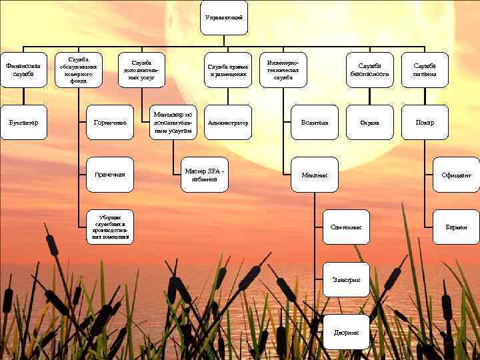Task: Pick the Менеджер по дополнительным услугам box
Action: coord(172,123)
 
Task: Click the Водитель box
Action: coord(315,123)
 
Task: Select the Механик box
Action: coord(315,175)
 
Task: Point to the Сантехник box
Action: coord(346,227)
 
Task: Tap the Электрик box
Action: coord(346,279)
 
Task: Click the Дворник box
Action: coord(346,332)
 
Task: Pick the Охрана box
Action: coord(369,123)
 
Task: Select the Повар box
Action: coord(425,123)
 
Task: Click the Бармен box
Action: coord(456,227)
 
